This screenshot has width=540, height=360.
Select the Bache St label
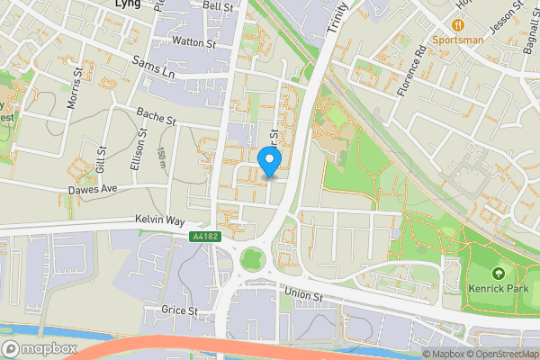[156, 117]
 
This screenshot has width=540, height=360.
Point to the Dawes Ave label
[94, 190]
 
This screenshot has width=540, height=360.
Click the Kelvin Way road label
[159, 220]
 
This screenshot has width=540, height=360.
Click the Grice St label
[180, 310]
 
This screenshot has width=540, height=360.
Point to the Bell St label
[218, 5]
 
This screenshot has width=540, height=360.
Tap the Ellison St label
[141, 141]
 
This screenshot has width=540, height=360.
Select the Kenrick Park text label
[497, 290]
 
